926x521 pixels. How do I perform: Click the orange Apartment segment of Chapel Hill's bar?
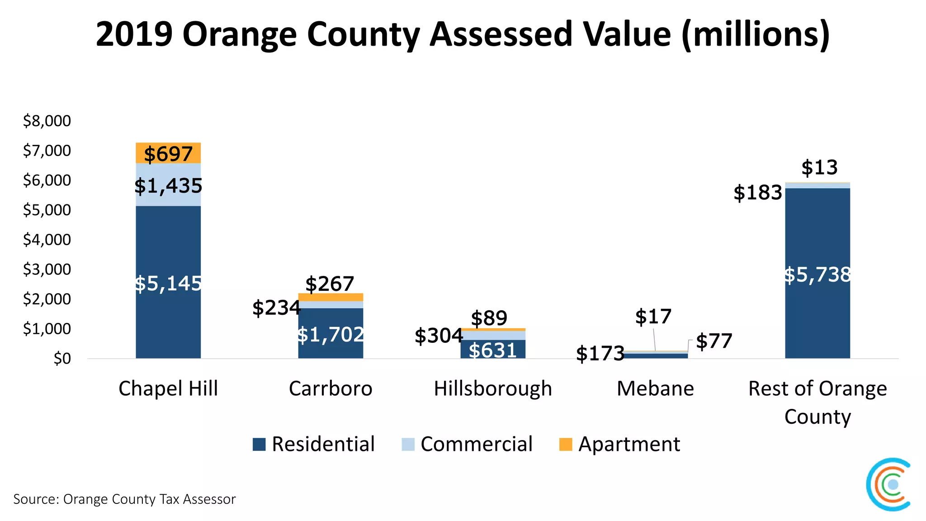coord(168,153)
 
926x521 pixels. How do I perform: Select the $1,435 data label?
coord(168,186)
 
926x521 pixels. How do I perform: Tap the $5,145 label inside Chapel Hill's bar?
coord(168,284)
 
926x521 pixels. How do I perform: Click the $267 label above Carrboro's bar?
coord(330,284)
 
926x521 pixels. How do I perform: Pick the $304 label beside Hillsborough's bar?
coord(439,336)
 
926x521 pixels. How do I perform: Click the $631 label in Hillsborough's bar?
coord(493,350)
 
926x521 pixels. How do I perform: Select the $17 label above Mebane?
coord(653,317)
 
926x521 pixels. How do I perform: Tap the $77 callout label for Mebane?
coord(714,341)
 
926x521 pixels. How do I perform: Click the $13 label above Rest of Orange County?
coord(819,168)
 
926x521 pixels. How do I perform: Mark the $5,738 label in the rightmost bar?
coord(817,275)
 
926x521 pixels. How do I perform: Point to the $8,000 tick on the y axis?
coord(47,121)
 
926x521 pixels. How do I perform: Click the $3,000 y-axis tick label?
coord(47,269)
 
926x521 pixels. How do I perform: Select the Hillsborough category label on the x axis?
coord(493,388)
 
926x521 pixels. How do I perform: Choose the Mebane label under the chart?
coord(655,388)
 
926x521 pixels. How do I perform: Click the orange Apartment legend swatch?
coord(566,444)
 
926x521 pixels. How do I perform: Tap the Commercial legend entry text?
coord(477,444)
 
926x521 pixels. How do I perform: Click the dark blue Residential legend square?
coord(259,444)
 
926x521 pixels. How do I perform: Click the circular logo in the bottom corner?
coord(889,484)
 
